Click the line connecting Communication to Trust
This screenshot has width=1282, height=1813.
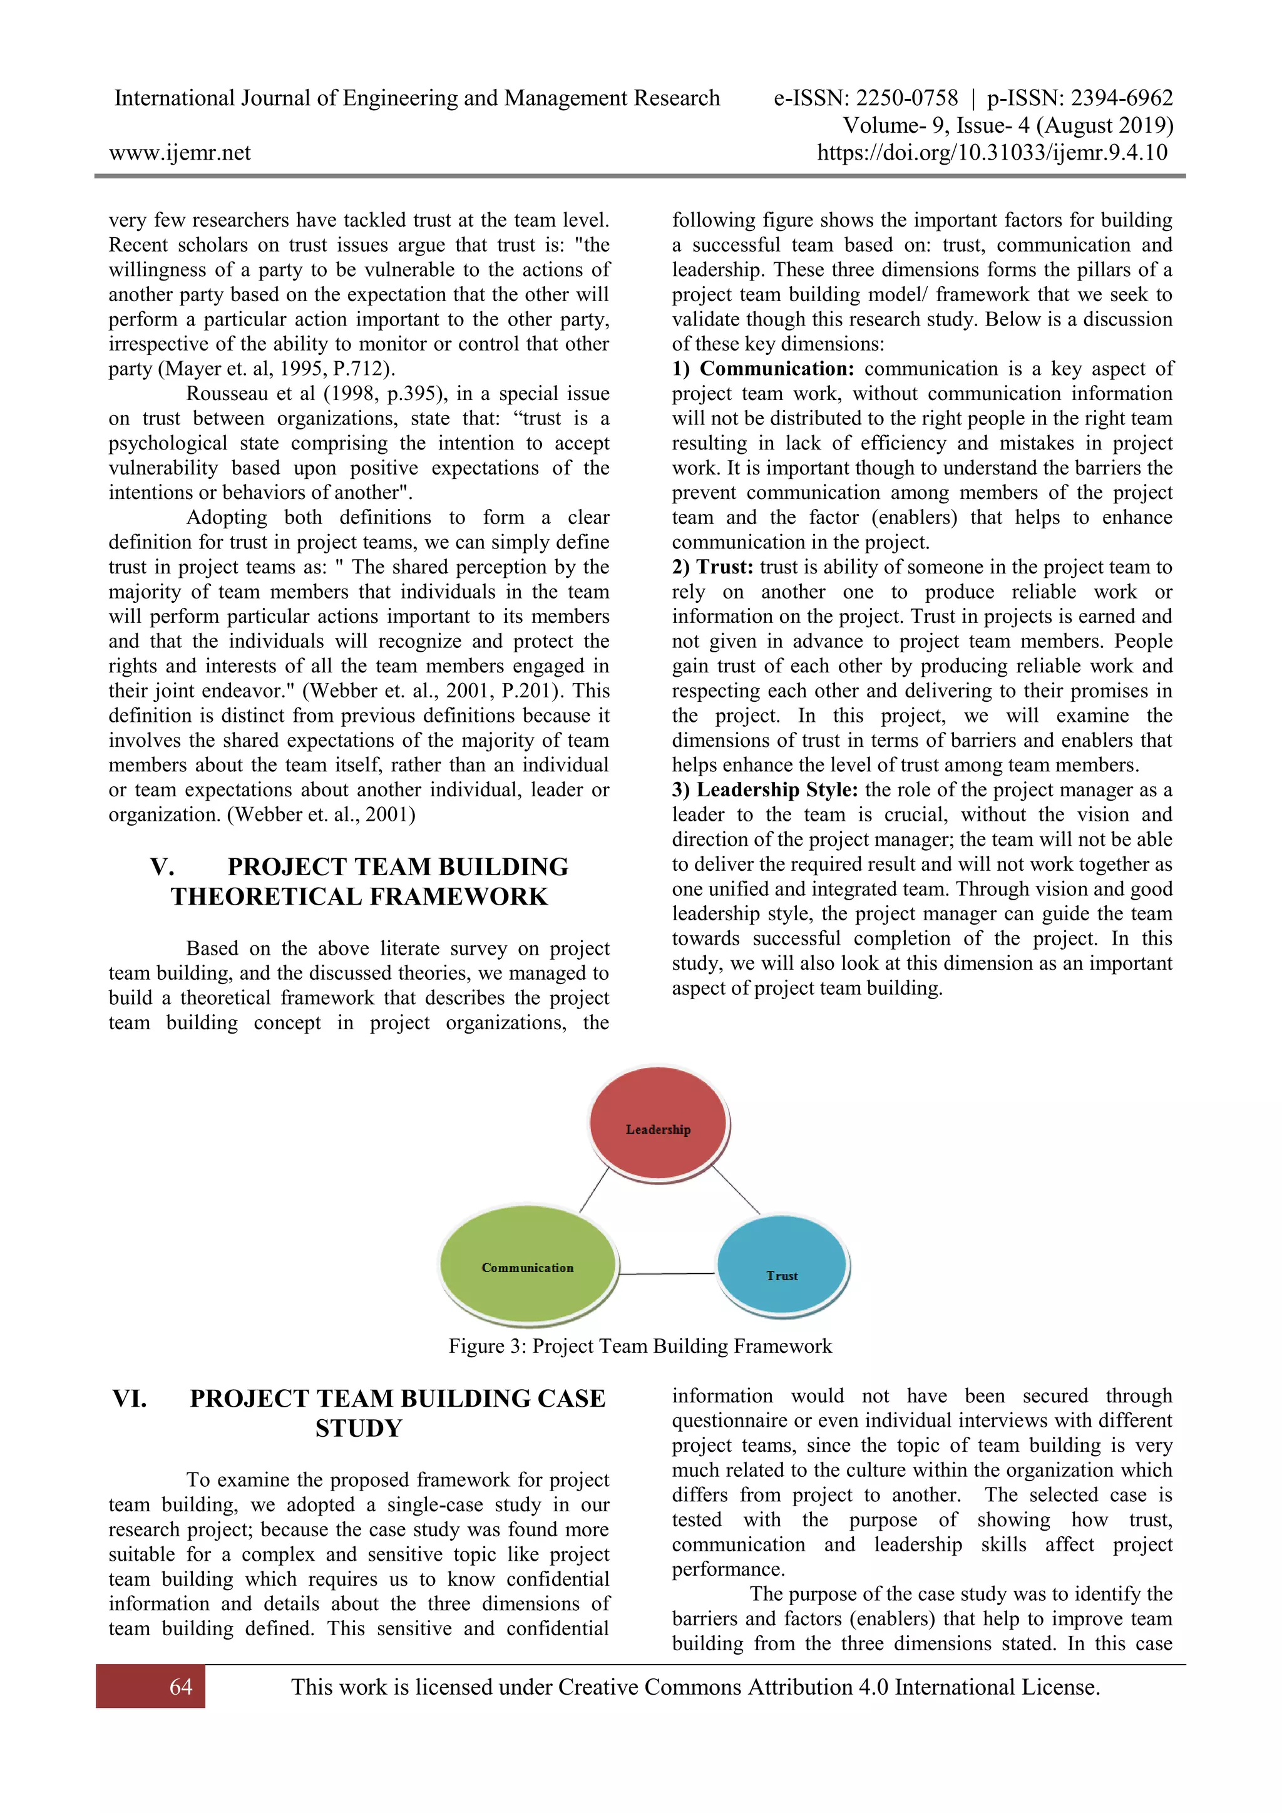(x=667, y=1274)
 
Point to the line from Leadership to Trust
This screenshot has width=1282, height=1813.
(x=737, y=1190)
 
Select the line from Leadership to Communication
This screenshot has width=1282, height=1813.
(x=595, y=1189)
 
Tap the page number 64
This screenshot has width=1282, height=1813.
(x=181, y=1687)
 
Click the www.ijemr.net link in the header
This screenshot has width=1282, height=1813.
(x=180, y=152)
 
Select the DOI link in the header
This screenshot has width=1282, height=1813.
(x=992, y=152)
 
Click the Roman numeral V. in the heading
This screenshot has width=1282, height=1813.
(x=162, y=867)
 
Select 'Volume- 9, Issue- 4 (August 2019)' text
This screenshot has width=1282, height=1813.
(x=1008, y=126)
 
